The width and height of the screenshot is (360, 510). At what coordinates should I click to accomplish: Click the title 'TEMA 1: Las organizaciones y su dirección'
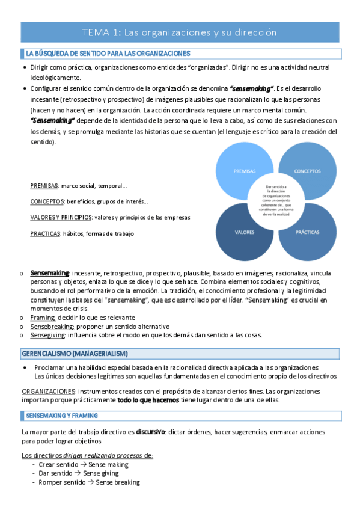point(180,32)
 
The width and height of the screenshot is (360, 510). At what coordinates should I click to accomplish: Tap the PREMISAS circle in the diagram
point(240,171)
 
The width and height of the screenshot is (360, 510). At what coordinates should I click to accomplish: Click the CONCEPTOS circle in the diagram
point(307,171)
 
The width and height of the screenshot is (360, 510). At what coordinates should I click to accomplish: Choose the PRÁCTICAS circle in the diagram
point(307,232)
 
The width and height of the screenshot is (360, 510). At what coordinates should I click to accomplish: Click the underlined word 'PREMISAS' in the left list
point(44,186)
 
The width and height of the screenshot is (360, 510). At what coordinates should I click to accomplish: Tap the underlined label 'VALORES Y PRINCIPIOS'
point(61,217)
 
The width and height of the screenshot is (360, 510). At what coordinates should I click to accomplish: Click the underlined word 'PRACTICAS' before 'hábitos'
point(44,233)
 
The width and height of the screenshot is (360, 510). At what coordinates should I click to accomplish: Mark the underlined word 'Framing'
point(43,317)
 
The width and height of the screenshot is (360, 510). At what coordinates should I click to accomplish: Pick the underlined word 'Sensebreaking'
point(50,326)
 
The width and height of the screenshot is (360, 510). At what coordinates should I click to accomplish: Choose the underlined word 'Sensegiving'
point(48,335)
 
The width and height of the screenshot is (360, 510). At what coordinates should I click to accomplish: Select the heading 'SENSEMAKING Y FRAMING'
point(63,416)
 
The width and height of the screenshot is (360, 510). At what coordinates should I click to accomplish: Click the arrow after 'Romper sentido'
point(91,482)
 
